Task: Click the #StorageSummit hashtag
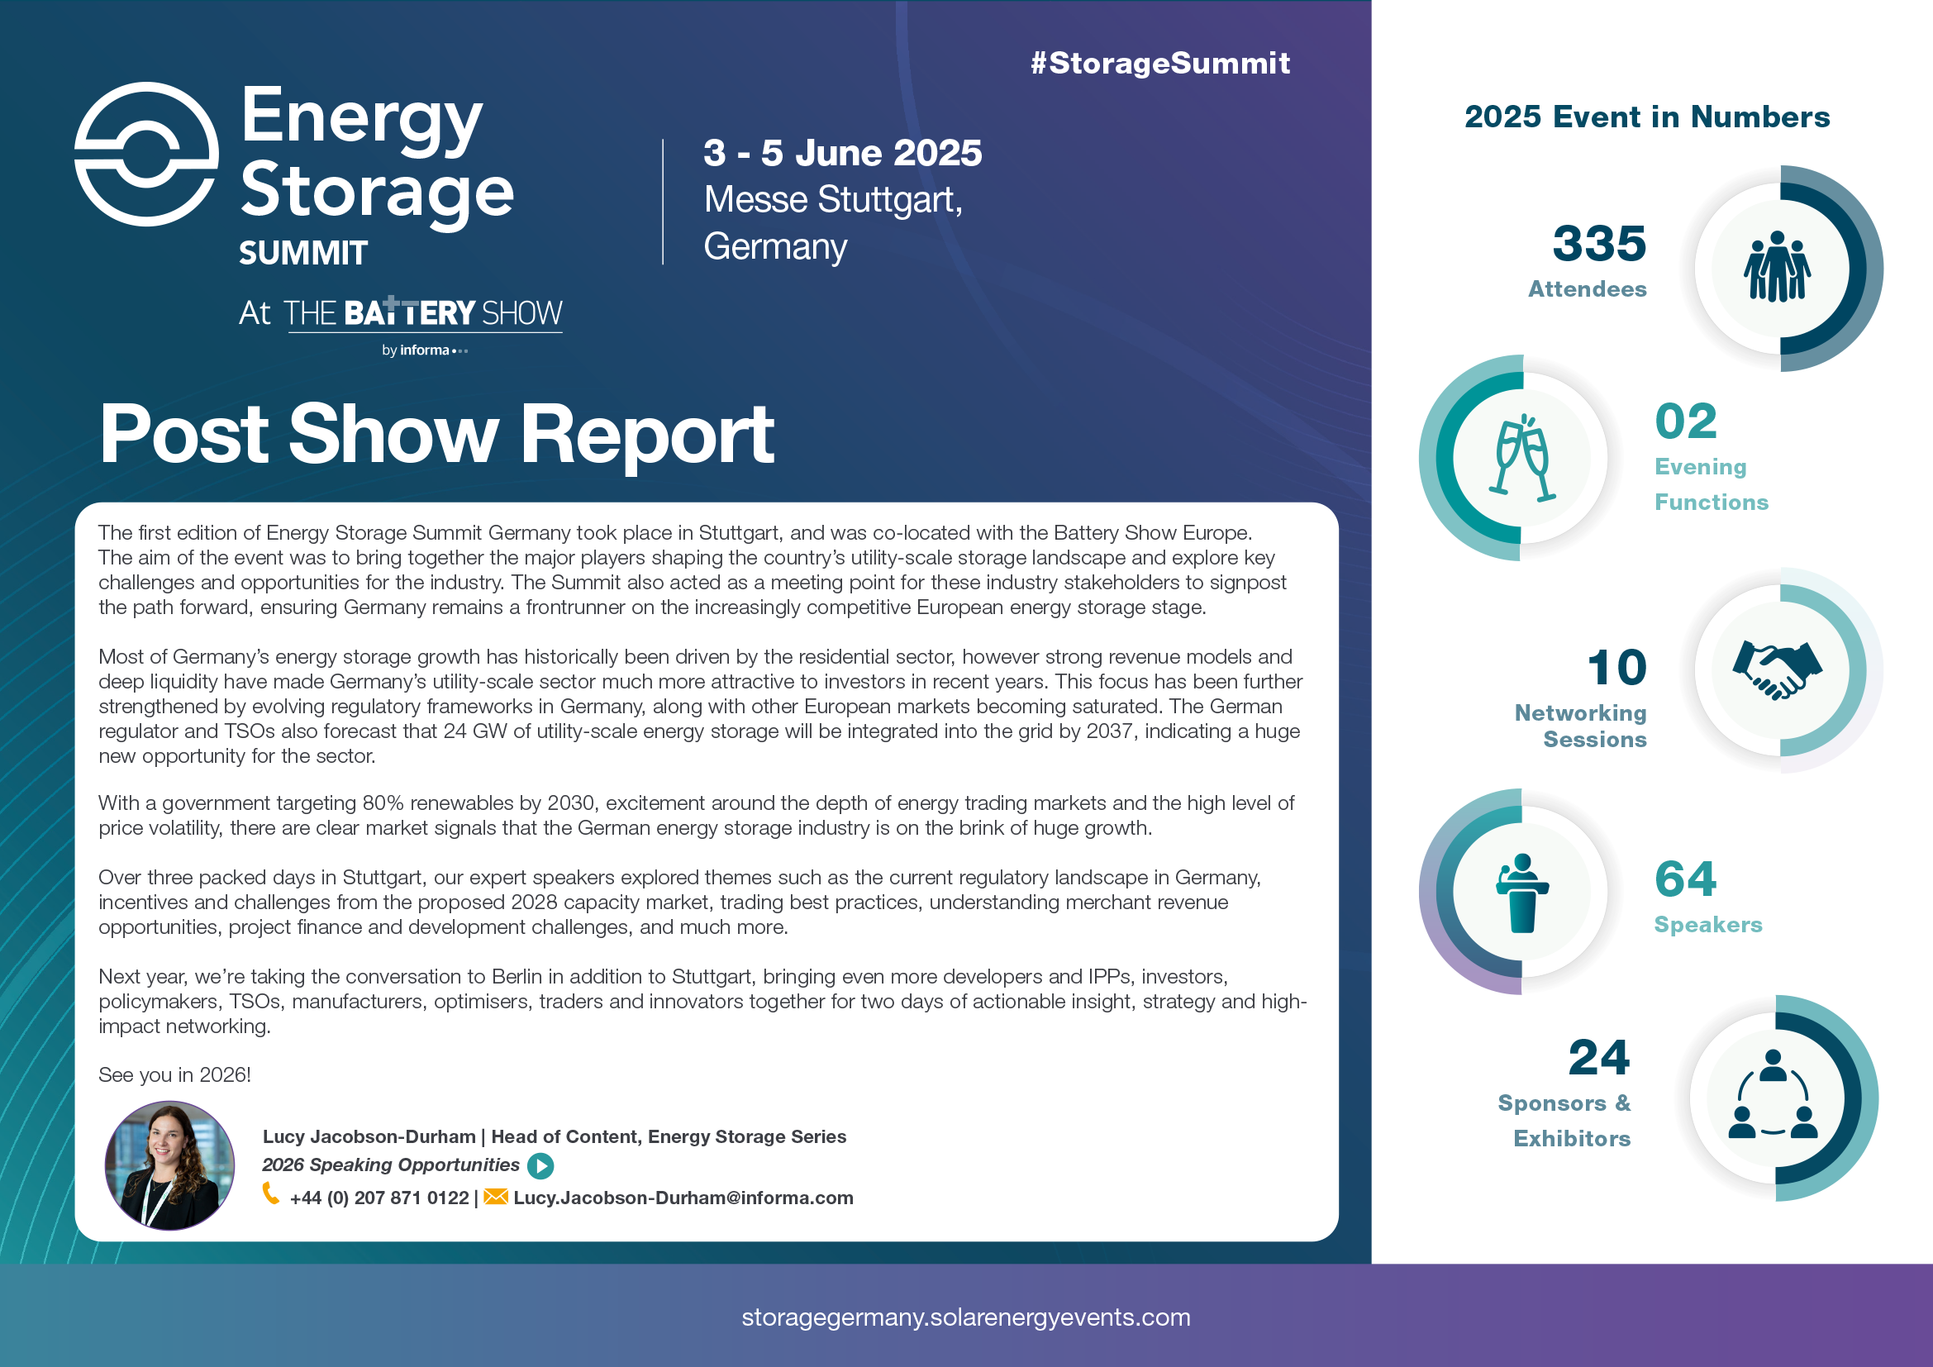pyautogui.click(x=1159, y=63)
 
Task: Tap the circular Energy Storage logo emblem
pyautogui.click(x=146, y=154)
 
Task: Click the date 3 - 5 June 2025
pyautogui.click(x=842, y=153)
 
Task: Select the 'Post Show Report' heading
pyautogui.click(x=436, y=435)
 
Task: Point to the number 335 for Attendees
pyautogui.click(x=1598, y=244)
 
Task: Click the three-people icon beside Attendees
pyautogui.click(x=1777, y=267)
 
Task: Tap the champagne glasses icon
pyautogui.click(x=1521, y=458)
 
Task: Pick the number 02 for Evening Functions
pyautogui.click(x=1685, y=422)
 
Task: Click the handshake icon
pyautogui.click(x=1777, y=670)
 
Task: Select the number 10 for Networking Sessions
pyautogui.click(x=1616, y=669)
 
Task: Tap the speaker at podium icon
pyautogui.click(x=1521, y=893)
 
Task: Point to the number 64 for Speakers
pyautogui.click(x=1684, y=879)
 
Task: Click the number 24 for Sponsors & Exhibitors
pyautogui.click(x=1598, y=1058)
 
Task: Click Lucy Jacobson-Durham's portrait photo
pyautogui.click(x=169, y=1166)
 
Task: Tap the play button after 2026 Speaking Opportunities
pyautogui.click(x=540, y=1166)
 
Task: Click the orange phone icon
pyautogui.click(x=271, y=1194)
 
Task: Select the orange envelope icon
pyautogui.click(x=495, y=1196)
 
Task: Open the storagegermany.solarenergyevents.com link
pyautogui.click(x=965, y=1317)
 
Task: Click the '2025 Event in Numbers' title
pyautogui.click(x=1647, y=117)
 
